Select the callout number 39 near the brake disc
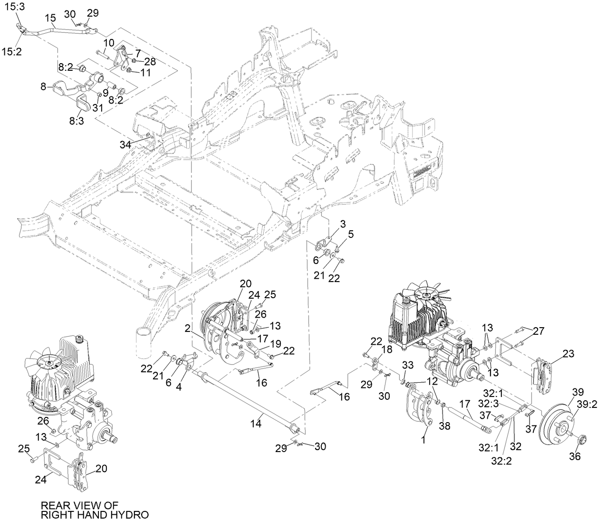(577, 392)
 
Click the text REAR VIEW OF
(79, 505)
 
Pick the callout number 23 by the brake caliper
(568, 354)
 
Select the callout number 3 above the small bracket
(342, 224)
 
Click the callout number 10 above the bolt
(109, 43)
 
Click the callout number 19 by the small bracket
(276, 342)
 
